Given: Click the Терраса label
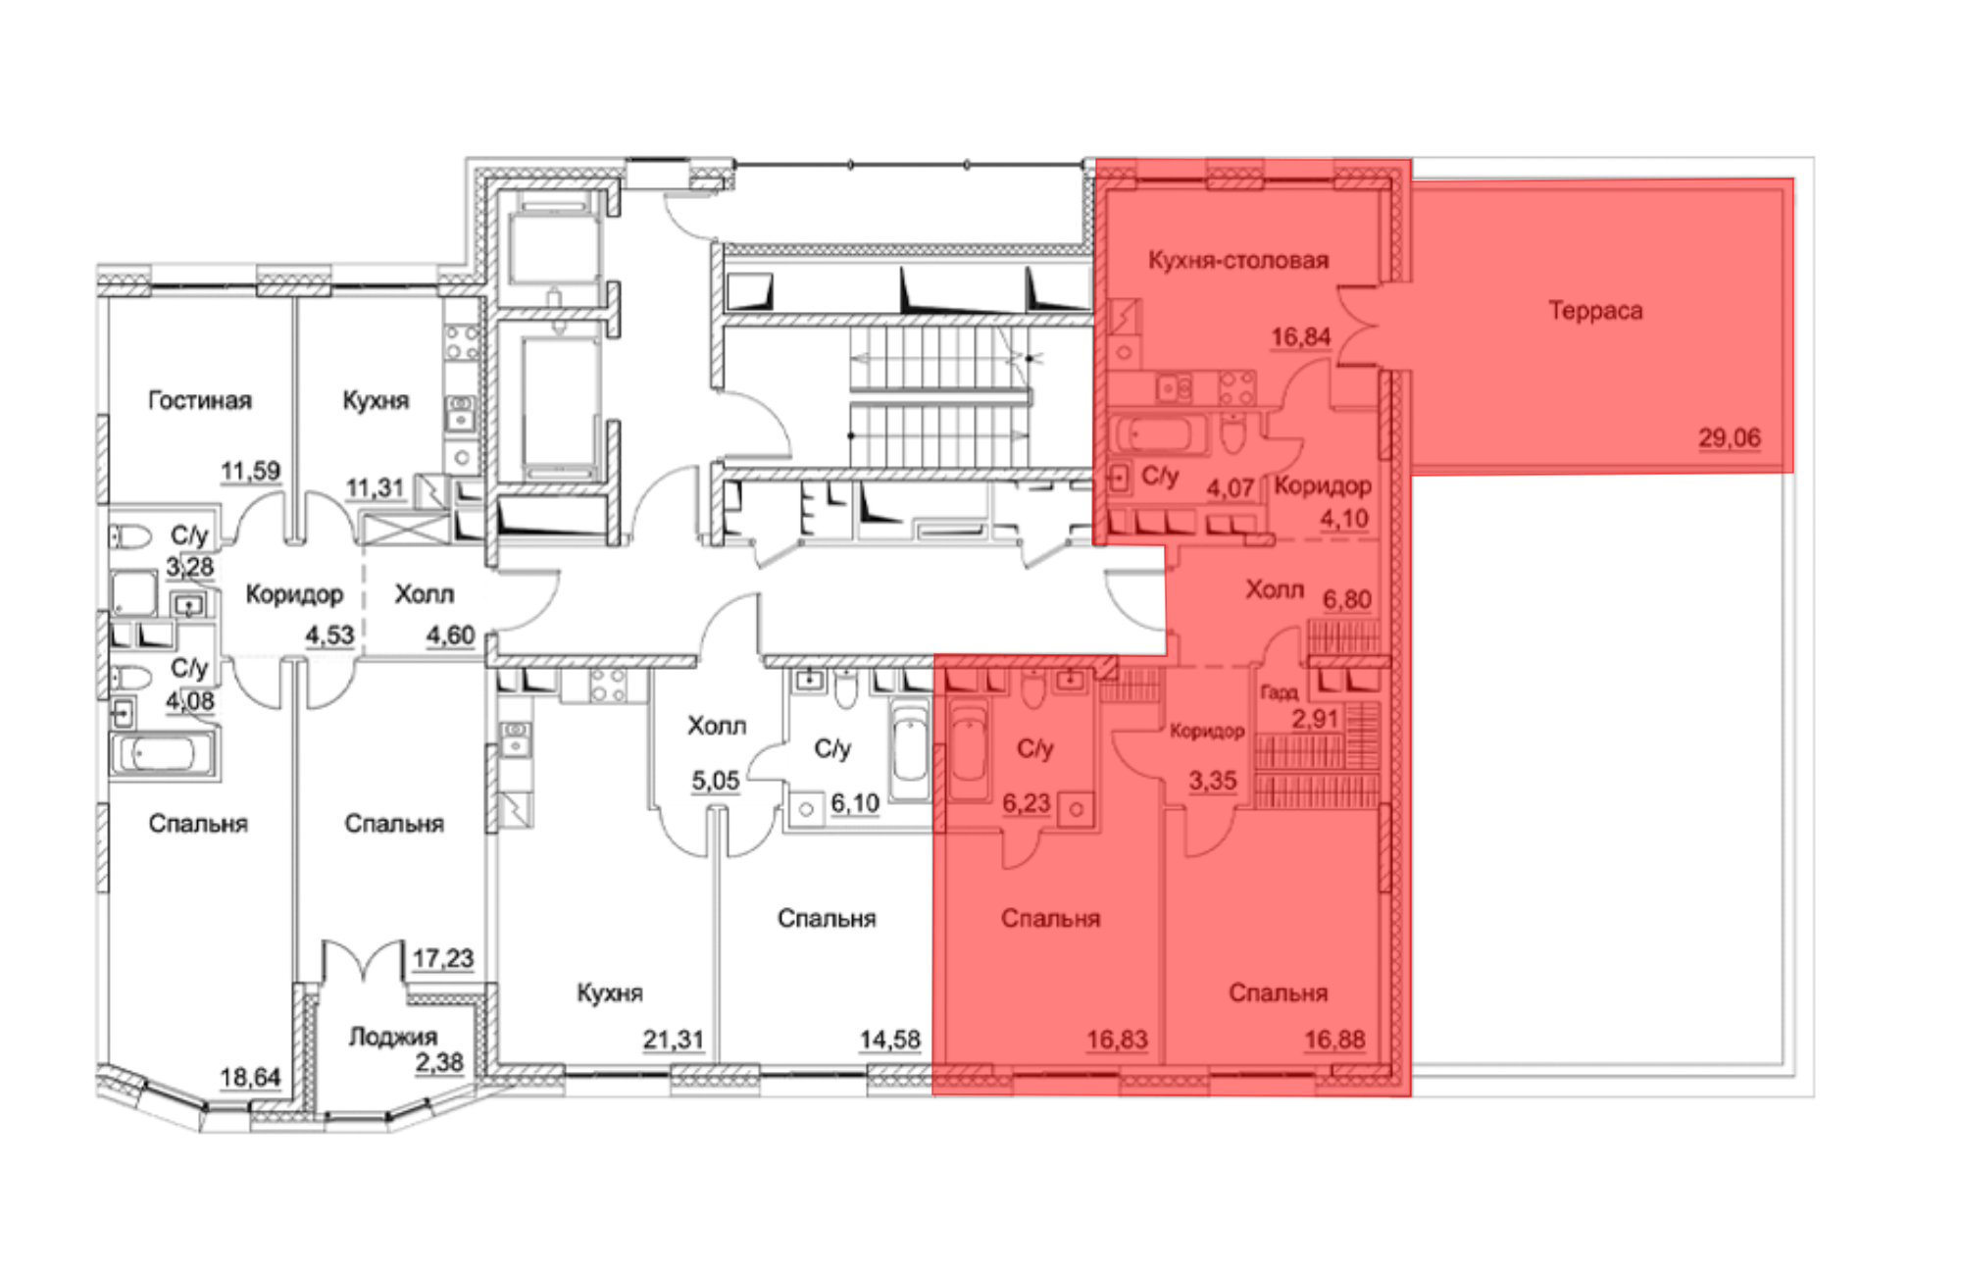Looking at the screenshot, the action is (1595, 311).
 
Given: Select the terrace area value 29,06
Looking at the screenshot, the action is (1730, 437).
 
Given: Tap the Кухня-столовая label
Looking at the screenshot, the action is (1238, 260).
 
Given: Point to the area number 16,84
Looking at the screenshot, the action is (1301, 337).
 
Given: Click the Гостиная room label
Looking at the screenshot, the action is (200, 400).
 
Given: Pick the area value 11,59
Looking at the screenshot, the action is (250, 471).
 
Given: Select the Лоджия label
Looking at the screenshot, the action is (393, 1037).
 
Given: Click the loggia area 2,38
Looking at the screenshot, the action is (438, 1062).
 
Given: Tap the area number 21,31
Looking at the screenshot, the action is (674, 1039).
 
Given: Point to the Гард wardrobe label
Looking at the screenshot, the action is (1279, 693).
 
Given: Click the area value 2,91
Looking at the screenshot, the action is (1315, 719).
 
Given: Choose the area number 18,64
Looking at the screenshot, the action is (250, 1077).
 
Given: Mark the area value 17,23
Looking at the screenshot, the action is (443, 958).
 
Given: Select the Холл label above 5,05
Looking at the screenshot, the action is (717, 726).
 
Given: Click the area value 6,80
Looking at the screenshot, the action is (1347, 599).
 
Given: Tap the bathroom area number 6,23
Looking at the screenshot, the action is (1027, 803).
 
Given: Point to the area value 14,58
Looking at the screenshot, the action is (890, 1039).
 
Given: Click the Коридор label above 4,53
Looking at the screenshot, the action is (294, 594).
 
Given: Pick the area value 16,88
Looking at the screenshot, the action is (1334, 1039).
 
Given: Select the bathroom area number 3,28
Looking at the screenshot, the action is (190, 567).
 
